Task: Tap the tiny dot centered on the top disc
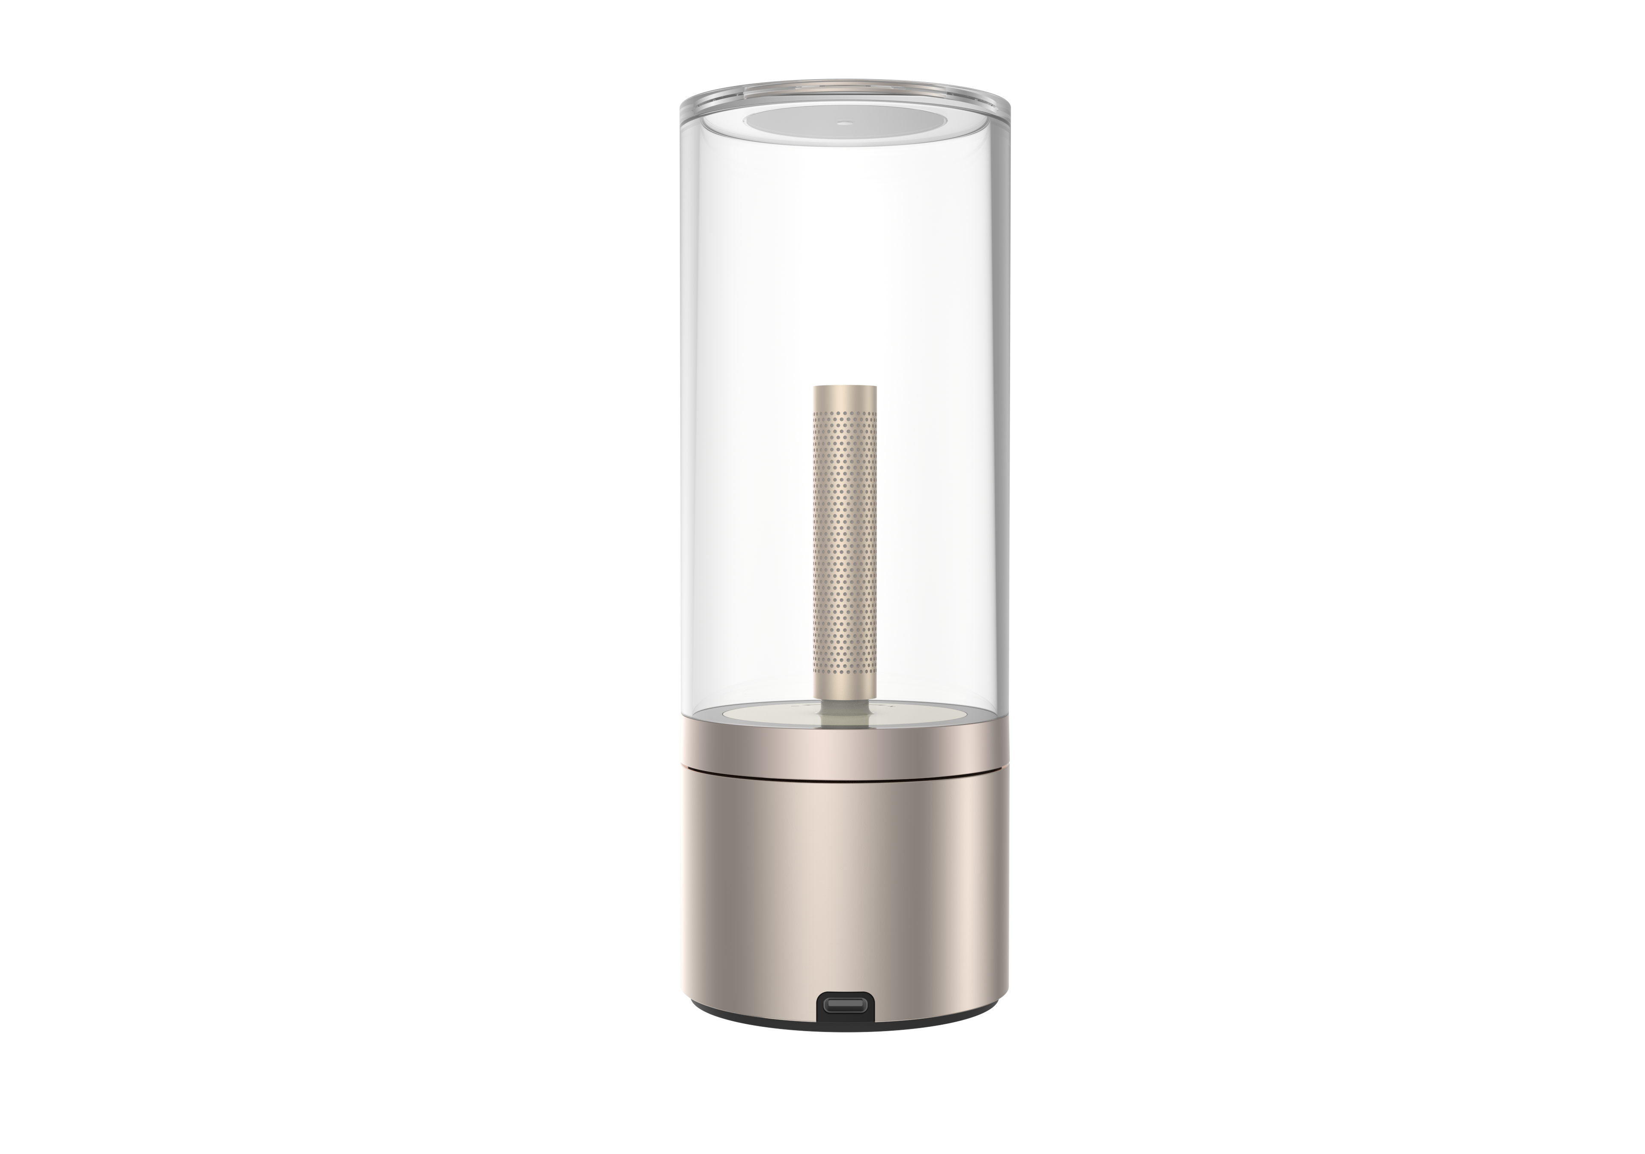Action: tap(845, 122)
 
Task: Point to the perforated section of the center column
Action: tap(845, 530)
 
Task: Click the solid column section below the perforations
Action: tap(845, 680)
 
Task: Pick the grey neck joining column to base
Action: tap(845, 706)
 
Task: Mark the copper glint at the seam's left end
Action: tap(686, 768)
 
